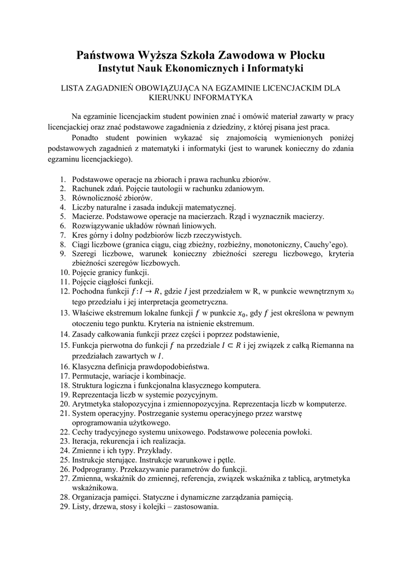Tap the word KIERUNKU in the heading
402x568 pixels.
[x=170, y=98]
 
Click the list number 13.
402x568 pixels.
[x=64, y=313]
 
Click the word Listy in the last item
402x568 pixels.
[x=82, y=506]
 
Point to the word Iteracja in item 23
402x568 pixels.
[x=86, y=442]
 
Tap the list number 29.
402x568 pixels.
[x=64, y=506]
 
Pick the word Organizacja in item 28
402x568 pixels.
[x=94, y=497]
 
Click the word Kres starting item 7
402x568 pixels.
[x=81, y=235]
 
